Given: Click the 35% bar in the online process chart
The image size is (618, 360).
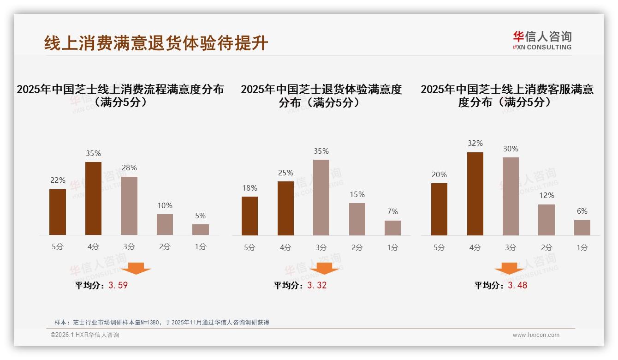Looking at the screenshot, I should click(x=93, y=198).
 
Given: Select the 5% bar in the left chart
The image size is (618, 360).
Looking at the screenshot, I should click(x=201, y=229).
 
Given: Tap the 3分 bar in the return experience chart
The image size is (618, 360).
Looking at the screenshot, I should click(x=321, y=198).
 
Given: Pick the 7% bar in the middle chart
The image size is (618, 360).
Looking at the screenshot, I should click(x=392, y=228).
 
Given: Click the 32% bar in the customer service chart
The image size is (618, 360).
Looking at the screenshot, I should click(x=475, y=194).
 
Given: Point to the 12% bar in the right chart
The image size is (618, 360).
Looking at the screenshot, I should click(x=547, y=220).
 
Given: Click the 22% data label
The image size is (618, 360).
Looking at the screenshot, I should click(x=58, y=180).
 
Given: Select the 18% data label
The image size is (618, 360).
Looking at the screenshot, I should click(x=250, y=188).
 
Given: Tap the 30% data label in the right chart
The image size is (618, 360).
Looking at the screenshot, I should click(x=511, y=149).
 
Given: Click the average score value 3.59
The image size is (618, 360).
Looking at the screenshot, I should click(x=118, y=285).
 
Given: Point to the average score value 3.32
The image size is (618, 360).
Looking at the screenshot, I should click(x=317, y=285).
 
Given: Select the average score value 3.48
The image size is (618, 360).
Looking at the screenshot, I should click(x=517, y=285).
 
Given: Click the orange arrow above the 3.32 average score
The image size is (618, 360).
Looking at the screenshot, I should click(x=324, y=269).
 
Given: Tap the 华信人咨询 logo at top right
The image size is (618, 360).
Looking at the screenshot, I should click(x=542, y=40).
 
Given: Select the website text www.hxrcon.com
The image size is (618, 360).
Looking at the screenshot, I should click(x=536, y=335).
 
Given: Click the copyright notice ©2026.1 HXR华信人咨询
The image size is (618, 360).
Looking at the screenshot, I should click(x=85, y=335).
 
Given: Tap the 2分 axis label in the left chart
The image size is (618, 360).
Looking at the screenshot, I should click(x=165, y=247).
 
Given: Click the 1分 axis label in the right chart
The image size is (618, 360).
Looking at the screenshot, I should click(x=582, y=247).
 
